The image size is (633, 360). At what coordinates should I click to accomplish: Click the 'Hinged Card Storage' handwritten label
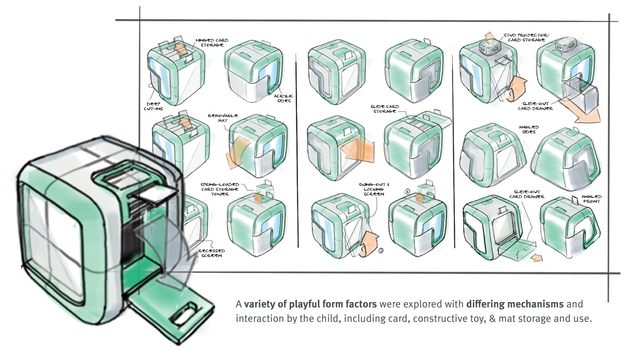click(x=212, y=43)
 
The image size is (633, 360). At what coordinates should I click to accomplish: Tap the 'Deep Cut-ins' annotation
click(x=153, y=106)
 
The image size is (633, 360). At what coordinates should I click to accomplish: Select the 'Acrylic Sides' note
click(x=283, y=98)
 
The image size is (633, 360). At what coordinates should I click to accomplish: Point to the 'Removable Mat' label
click(x=223, y=118)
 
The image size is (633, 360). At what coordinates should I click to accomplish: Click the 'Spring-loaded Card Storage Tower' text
click(x=220, y=189)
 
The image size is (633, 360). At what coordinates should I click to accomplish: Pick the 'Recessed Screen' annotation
click(x=212, y=253)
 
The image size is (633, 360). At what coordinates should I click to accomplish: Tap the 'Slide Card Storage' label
click(x=385, y=109)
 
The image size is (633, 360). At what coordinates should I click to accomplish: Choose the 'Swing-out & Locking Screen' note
click(x=374, y=189)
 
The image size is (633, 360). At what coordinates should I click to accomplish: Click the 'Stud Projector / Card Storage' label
click(x=526, y=38)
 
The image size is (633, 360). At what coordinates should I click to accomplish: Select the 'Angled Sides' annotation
click(x=529, y=129)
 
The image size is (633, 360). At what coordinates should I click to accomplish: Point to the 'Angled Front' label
click(x=591, y=199)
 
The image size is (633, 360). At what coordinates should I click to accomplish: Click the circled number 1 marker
click(x=381, y=251)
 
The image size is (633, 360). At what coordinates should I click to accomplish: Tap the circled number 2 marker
click(x=407, y=191)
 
